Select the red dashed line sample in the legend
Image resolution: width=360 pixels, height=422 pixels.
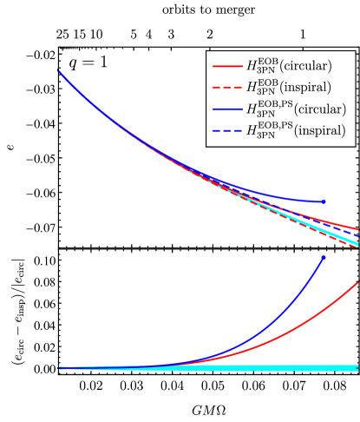(227, 88)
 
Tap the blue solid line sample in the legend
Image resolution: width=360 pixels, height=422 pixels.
(227, 110)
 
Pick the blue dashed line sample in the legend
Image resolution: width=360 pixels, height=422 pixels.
(227, 132)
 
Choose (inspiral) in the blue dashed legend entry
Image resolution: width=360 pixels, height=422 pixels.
(320, 132)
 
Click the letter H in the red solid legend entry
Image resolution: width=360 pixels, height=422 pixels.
(252, 66)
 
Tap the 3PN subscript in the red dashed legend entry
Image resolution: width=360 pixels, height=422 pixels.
(267, 92)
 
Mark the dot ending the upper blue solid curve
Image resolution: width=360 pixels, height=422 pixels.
(324, 201)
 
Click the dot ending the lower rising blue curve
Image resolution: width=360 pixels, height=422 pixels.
(323, 258)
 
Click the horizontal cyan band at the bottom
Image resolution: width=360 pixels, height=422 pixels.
(260, 368)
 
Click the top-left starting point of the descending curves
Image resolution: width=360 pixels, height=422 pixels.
(59, 71)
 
